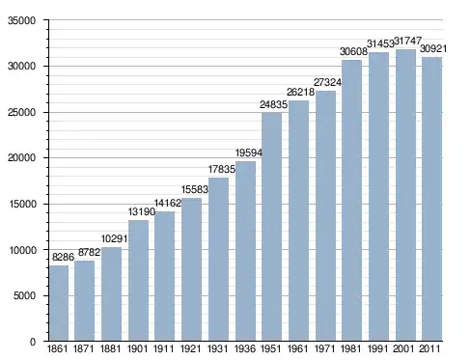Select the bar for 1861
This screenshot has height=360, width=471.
coord(59,303)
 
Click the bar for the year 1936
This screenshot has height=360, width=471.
coord(245,251)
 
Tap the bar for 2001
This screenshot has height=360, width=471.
coord(405,195)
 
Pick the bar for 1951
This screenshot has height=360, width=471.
coord(271,227)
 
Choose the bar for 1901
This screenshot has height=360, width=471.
coord(138,281)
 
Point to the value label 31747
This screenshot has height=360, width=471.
coord(407,41)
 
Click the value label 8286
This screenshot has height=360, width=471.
coord(63,257)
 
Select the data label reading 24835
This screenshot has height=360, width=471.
coord(273,104)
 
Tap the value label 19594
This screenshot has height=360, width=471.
coord(249,152)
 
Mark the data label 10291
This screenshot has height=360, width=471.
coord(114,238)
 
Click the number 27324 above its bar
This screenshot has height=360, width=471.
coord(327,82)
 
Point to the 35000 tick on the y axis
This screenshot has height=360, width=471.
coord(21,20)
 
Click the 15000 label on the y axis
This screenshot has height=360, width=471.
coord(21,204)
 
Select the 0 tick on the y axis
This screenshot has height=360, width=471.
coord(33,342)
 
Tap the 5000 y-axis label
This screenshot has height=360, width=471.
coord(24,295)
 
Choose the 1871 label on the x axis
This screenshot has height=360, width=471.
coord(84,348)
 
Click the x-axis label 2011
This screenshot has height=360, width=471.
coord(429,348)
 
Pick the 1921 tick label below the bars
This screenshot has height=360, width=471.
coord(190,348)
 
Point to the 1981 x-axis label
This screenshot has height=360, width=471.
coord(350,348)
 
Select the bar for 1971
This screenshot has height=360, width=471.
coord(325,215)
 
